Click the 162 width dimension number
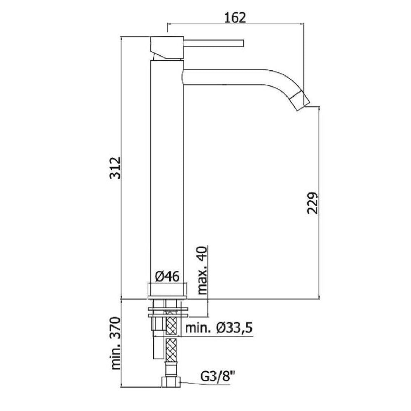tap(236, 17)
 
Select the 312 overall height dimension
tap(115, 168)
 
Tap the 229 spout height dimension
tap(312, 203)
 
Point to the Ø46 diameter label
tap(168, 277)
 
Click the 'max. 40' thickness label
tap(202, 270)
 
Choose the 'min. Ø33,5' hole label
tap(219, 328)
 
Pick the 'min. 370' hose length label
tap(115, 343)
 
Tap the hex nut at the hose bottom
tap(171, 382)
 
